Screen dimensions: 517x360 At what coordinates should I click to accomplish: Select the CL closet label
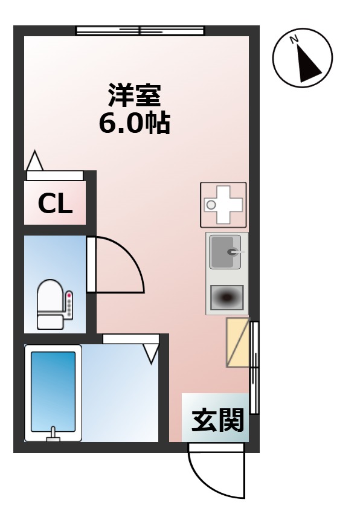click(x=55, y=204)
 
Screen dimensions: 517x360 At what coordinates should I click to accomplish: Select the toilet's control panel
click(x=69, y=305)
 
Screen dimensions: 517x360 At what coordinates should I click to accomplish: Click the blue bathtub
click(x=53, y=393)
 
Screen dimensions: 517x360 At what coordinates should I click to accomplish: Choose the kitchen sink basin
click(x=225, y=252)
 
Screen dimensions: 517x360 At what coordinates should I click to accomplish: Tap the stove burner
click(x=227, y=297)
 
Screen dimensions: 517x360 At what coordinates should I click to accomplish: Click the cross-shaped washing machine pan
click(x=223, y=204)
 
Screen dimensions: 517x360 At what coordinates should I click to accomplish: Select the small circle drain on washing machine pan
click(x=211, y=205)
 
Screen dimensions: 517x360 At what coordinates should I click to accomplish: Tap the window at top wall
click(x=140, y=30)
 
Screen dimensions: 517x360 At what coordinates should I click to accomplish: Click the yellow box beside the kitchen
click(x=237, y=342)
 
